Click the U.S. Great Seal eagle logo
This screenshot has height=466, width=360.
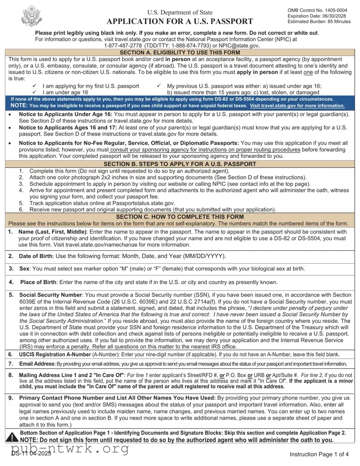tap(31, 16)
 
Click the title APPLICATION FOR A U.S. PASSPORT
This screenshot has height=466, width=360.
tap(180, 21)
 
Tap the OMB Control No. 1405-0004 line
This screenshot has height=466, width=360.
tap(317, 10)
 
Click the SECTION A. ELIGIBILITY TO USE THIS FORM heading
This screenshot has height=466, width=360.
tap(180, 52)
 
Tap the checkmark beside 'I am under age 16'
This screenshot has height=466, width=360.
tap(35, 92)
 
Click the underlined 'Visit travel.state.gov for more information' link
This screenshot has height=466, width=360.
tap(297, 106)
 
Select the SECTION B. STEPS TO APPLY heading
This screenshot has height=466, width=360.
tap(180, 164)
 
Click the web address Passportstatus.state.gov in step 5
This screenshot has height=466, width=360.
tap(143, 203)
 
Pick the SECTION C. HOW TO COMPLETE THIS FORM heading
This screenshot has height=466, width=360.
tap(180, 217)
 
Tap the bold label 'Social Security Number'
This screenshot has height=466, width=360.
tap(50, 295)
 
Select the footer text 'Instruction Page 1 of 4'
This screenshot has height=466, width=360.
tap(320, 454)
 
